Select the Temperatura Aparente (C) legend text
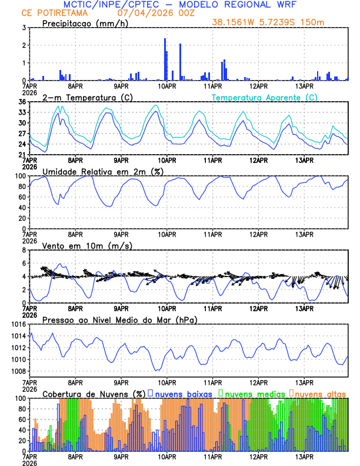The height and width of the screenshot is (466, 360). click(x=264, y=97)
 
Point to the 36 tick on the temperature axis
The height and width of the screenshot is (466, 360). click(x=21, y=102)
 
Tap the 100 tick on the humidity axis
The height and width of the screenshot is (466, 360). click(x=19, y=176)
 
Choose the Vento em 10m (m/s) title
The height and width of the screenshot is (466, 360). click(x=87, y=245)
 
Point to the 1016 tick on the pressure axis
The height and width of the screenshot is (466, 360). click(x=16, y=324)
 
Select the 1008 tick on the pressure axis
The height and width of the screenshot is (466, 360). click(x=16, y=371)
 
